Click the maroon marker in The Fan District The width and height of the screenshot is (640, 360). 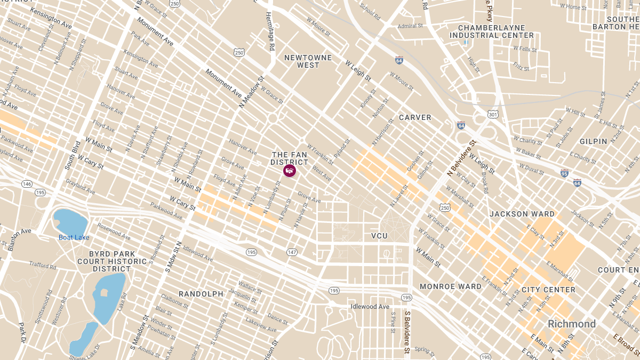(289, 171)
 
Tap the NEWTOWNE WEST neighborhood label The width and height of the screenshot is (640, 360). (308, 61)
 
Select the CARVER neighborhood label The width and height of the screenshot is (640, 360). (415, 117)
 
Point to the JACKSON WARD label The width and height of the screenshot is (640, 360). (522, 214)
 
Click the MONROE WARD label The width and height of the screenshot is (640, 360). (450, 286)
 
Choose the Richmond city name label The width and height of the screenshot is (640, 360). (572, 324)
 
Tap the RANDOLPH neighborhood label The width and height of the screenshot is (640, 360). (201, 294)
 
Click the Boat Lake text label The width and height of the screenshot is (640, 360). (74, 237)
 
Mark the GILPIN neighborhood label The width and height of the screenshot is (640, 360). (593, 141)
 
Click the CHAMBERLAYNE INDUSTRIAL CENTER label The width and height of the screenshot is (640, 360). (491, 31)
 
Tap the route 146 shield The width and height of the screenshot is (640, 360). (27, 183)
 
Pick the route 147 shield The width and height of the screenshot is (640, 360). (292, 252)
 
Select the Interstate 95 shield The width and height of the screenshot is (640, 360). (564, 173)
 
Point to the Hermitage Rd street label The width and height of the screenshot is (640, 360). (270, 32)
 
